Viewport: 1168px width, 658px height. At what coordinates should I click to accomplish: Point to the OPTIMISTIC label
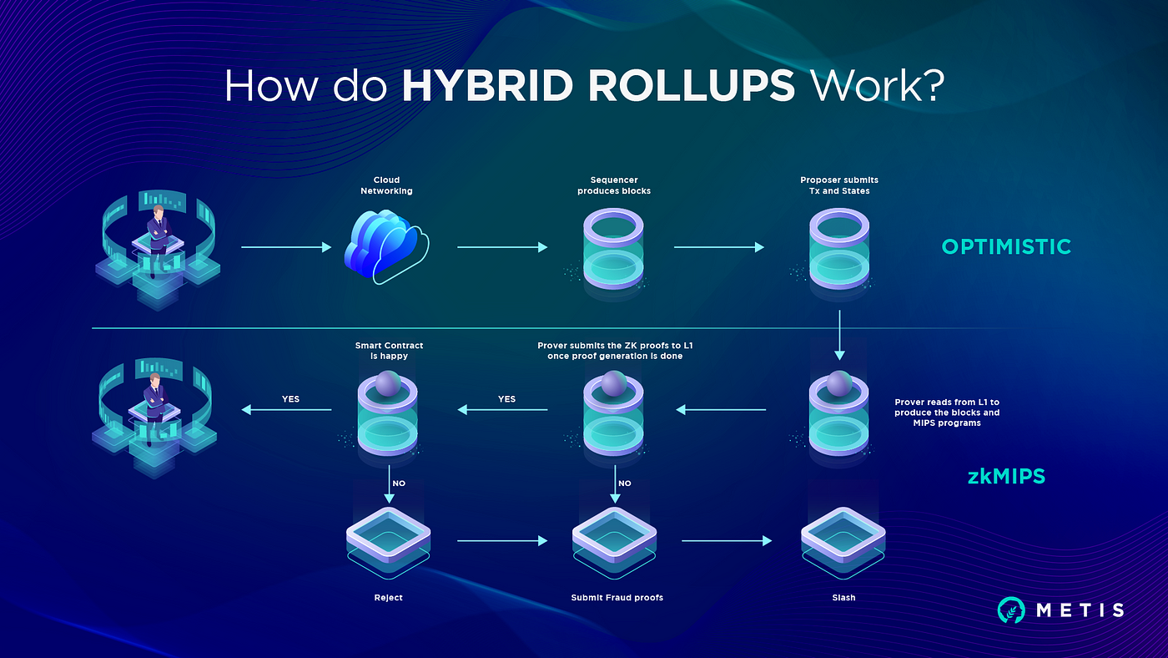[1006, 246]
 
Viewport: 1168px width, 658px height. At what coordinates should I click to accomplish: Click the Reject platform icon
[388, 539]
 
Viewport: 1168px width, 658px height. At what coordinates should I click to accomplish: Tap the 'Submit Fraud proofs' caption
[617, 598]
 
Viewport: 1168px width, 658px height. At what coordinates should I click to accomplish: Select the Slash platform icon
[843, 539]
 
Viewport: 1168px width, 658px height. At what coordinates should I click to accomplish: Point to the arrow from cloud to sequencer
[501, 247]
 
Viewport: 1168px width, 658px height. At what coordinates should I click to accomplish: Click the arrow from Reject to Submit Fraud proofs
[501, 541]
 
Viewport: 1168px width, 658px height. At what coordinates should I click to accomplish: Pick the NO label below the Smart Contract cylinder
[399, 483]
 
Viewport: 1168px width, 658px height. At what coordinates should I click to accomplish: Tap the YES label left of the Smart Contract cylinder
[290, 399]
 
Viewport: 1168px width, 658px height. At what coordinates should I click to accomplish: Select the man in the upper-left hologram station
[156, 230]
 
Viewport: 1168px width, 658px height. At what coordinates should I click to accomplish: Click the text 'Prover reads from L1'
[946, 402]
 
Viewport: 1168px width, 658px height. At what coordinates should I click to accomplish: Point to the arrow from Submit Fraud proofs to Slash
[727, 541]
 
